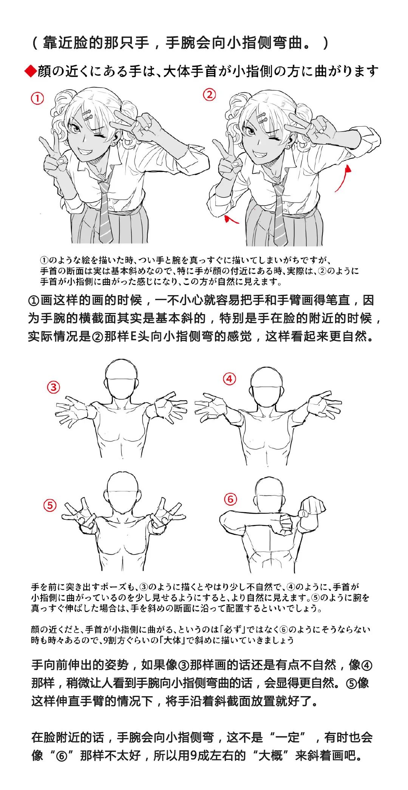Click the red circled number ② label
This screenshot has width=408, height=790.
click(210, 94)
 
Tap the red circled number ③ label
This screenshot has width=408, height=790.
click(53, 387)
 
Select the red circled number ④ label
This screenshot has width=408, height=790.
click(229, 379)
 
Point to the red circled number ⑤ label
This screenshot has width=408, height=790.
click(50, 505)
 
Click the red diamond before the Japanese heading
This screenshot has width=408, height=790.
click(30, 71)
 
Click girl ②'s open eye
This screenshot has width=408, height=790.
click(250, 132)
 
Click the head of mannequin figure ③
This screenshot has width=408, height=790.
click(121, 379)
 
